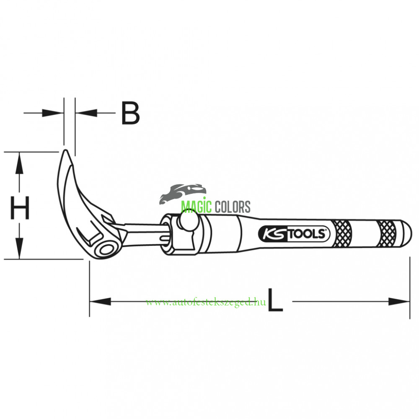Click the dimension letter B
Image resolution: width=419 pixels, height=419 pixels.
[x=130, y=113]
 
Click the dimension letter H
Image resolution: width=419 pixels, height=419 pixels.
[x=20, y=208]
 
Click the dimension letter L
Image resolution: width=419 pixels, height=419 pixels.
[x=275, y=300]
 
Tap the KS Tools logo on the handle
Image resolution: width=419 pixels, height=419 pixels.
[x=294, y=234]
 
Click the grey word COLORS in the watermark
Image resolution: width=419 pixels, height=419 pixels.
[x=233, y=207]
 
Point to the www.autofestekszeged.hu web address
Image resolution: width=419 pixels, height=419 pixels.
[x=206, y=302]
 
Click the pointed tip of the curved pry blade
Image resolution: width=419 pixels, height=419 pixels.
[x=65, y=150]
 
